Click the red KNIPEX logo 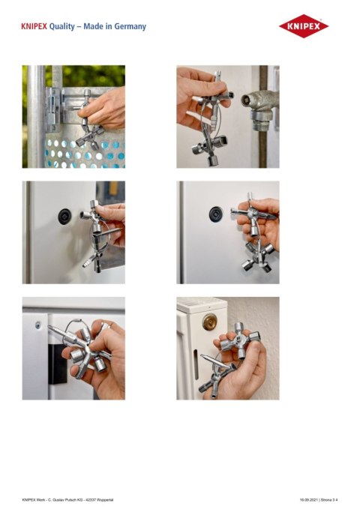(x=304, y=26)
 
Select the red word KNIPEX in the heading (x=34, y=26)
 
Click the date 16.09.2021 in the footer (x=310, y=498)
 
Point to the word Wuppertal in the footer (x=123, y=498)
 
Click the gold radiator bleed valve (x=208, y=322)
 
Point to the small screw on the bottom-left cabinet (x=36, y=325)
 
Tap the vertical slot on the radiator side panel (x=190, y=367)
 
